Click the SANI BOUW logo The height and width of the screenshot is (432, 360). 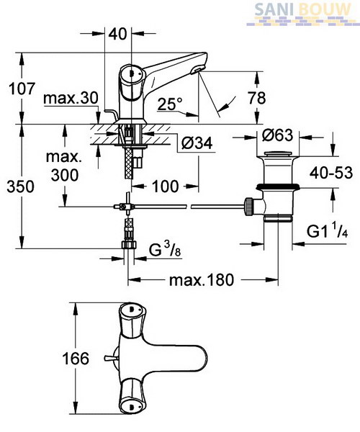[303, 13]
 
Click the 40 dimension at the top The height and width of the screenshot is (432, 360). [118, 34]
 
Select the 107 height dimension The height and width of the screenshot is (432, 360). [22, 89]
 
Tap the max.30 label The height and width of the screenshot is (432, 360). [71, 98]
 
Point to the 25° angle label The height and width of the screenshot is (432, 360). [170, 104]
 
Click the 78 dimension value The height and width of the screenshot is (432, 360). [257, 98]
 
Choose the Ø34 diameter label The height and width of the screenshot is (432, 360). [197, 143]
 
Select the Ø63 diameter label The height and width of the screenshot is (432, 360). [278, 135]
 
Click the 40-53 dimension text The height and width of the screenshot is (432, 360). [331, 173]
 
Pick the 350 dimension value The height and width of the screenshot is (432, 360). [21, 186]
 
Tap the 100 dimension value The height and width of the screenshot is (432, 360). [166, 186]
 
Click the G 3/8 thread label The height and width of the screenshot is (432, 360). [165, 250]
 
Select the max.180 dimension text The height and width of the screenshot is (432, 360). [202, 280]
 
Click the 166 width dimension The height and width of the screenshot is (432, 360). [76, 359]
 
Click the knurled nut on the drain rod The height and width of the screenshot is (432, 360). [248, 206]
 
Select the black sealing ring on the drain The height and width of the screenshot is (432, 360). [278, 186]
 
